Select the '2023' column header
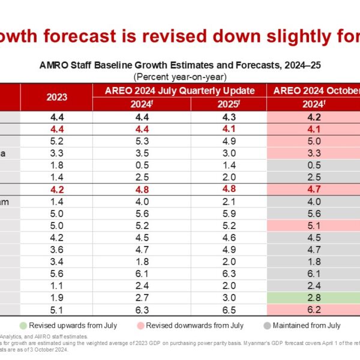57,96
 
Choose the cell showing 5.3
142,141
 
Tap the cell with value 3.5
142,153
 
